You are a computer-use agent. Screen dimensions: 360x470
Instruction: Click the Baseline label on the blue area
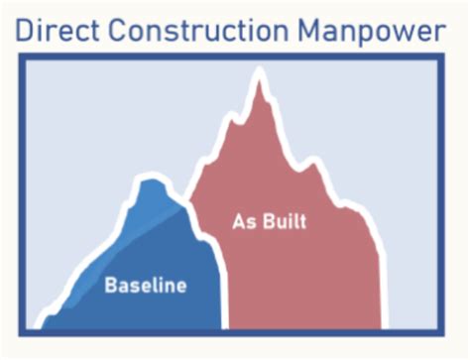tap(146, 287)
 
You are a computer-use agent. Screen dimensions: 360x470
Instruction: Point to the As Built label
tap(270, 220)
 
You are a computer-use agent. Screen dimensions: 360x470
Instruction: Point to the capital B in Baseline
tap(111, 287)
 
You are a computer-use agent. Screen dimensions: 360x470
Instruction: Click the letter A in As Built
tap(239, 220)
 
